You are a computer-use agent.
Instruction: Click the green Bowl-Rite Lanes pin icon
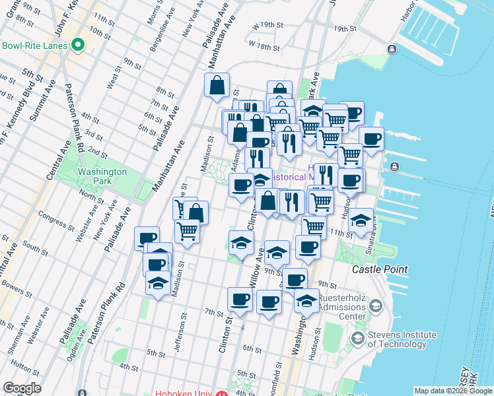(x=78, y=46)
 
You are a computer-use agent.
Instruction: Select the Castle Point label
(x=380, y=269)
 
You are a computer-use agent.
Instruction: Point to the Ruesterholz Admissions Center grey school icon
(x=375, y=306)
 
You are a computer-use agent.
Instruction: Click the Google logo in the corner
(x=22, y=388)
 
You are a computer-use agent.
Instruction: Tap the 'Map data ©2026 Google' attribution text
(x=453, y=391)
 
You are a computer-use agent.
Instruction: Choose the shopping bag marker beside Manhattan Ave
(x=217, y=86)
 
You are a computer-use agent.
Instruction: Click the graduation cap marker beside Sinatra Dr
(x=361, y=220)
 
